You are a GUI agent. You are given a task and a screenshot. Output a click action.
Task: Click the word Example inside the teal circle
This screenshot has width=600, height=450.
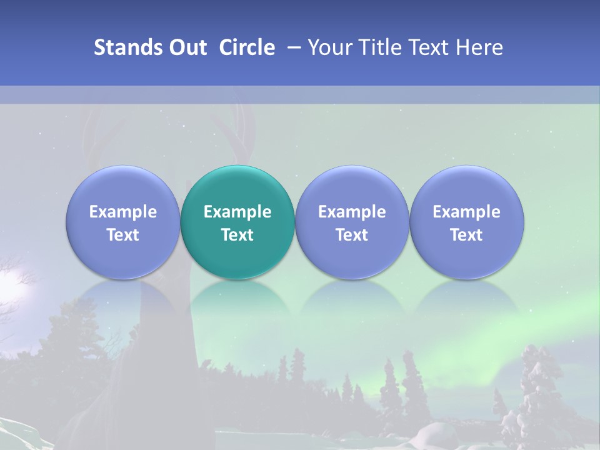[237, 212]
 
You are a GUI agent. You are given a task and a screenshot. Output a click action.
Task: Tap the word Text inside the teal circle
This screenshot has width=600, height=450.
[237, 235]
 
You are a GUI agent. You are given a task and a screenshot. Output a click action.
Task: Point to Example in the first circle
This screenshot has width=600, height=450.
[122, 212]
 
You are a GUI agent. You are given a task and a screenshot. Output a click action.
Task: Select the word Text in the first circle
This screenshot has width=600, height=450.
[122, 235]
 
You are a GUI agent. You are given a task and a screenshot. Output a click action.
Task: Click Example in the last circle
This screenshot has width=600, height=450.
[466, 212]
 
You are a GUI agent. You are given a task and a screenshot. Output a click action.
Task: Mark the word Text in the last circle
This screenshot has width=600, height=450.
[466, 235]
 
